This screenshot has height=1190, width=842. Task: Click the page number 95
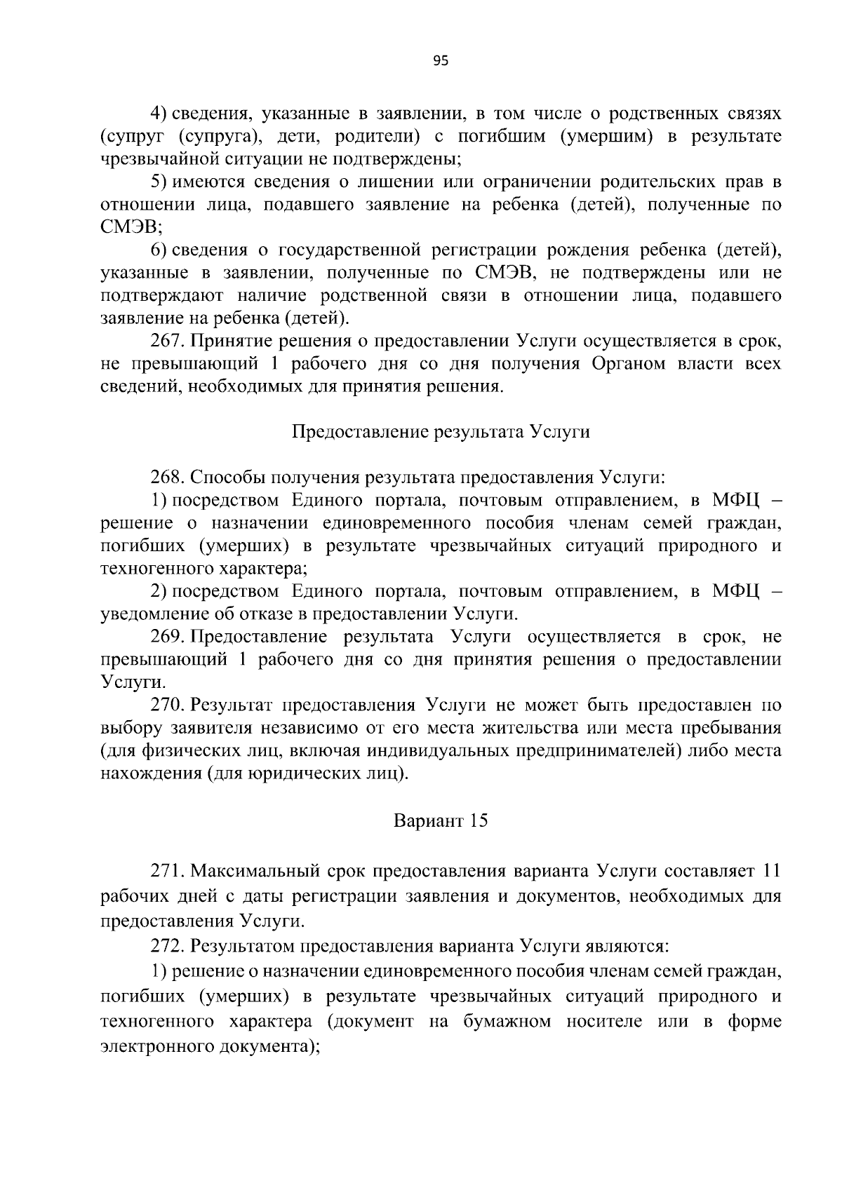click(x=440, y=61)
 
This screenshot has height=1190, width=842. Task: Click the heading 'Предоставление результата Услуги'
click(x=440, y=432)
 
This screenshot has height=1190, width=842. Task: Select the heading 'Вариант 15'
click(x=440, y=820)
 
